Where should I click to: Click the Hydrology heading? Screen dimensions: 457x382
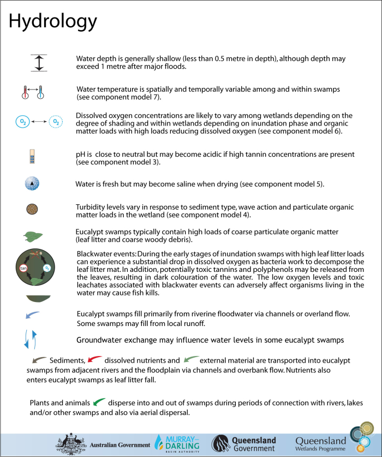[53, 21]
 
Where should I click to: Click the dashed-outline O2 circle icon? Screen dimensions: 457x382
[56, 123]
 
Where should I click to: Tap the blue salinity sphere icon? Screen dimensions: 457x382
[32, 183]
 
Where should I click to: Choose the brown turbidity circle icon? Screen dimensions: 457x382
[32, 209]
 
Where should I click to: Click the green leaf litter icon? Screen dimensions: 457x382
[32, 235]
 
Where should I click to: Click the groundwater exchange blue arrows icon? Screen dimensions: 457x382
[31, 339]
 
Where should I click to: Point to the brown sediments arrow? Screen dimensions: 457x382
[39, 360]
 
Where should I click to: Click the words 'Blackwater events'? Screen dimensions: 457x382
[105, 254]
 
